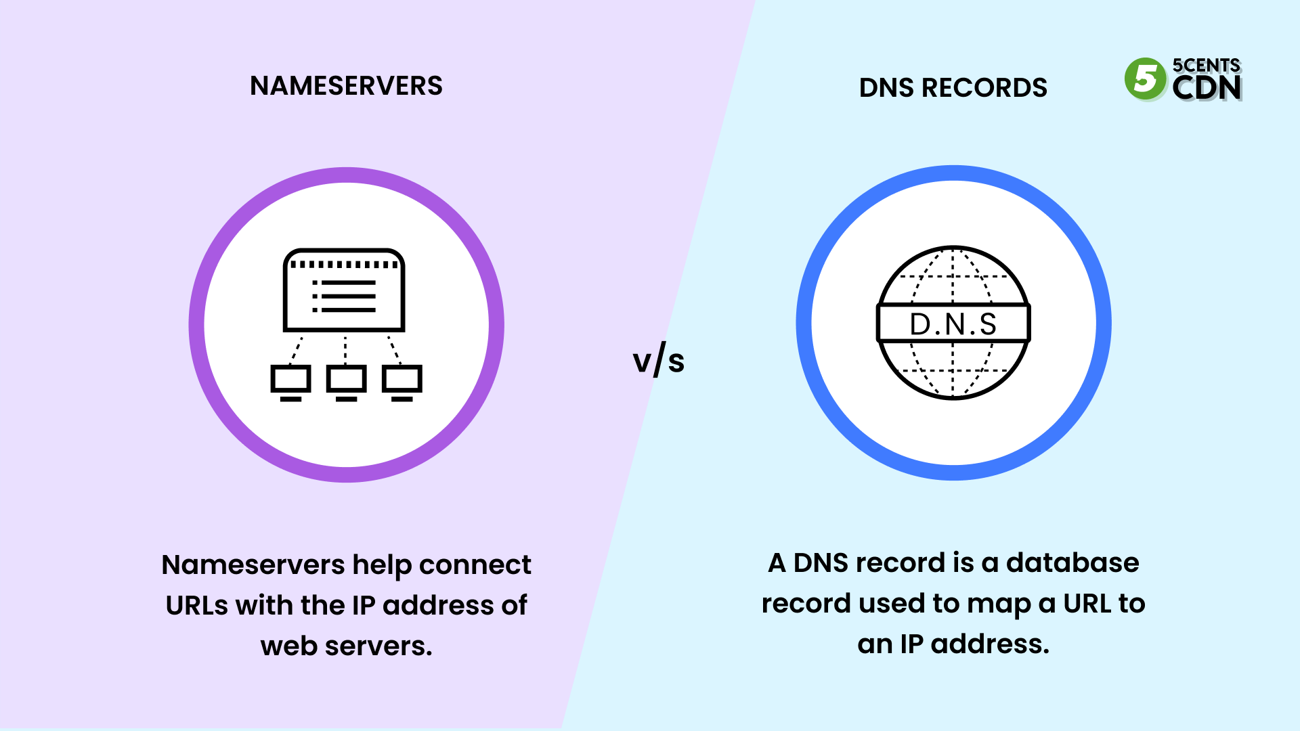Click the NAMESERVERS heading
coord(346,86)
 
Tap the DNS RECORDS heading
coord(953,88)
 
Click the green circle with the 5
coord(1145,79)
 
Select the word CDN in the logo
coord(1207,88)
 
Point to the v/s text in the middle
coord(658,360)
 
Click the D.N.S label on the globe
coord(953,324)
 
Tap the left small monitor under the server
coord(290,381)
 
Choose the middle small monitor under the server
coord(346,381)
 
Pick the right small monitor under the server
coord(402,381)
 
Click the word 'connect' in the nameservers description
coord(475,564)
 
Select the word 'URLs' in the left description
coord(197,605)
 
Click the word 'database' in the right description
coord(1072,562)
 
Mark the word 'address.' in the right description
coord(990,644)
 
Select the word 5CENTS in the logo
coord(1206,65)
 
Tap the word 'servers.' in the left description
coord(378,646)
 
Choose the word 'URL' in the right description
coord(1085,603)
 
